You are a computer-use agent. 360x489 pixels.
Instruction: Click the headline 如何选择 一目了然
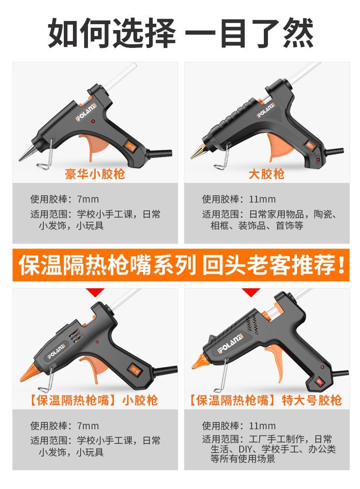pos(180,33)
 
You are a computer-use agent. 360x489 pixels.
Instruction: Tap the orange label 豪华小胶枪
pos(95,174)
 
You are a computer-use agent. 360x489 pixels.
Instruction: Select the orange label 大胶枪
pos(267,174)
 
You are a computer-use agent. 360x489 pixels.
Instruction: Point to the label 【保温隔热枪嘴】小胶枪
pos(93,400)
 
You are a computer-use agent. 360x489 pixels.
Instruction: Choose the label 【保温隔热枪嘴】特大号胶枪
pos(266,400)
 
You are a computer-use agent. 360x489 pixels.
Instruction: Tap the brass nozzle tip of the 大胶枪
pos(198,152)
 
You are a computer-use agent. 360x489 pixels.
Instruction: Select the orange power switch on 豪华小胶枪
pos(130,146)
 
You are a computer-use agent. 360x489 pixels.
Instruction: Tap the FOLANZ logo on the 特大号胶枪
pos(231,343)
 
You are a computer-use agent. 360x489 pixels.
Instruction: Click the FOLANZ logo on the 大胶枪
pos(266,110)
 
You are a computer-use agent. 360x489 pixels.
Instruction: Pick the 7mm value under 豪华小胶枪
pos(88,199)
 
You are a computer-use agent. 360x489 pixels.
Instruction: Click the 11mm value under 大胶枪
pos(262,199)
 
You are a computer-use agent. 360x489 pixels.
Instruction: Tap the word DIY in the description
pos(246,449)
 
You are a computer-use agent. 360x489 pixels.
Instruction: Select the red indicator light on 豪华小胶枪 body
pos(93,121)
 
